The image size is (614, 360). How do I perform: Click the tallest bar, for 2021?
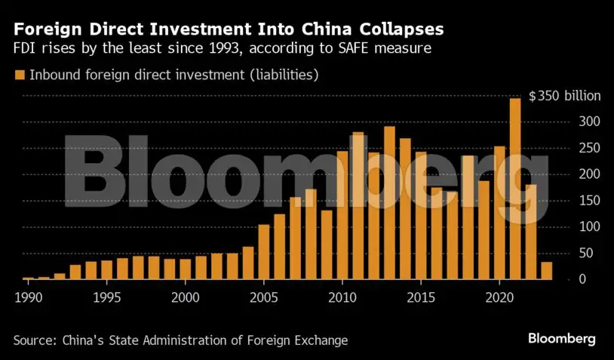[516, 189]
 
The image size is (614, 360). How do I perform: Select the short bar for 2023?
[547, 271]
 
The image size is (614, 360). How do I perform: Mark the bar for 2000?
[186, 269]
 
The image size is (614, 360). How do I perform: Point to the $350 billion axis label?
[564, 97]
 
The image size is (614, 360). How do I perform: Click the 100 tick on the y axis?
[589, 227]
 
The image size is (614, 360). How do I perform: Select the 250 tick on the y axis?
[589, 148]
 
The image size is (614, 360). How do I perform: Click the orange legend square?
[19, 75]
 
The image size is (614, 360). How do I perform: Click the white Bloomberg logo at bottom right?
[562, 337]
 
